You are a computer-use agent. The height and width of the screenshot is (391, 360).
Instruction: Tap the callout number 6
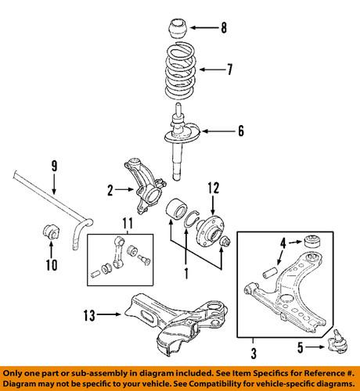pos(241,131)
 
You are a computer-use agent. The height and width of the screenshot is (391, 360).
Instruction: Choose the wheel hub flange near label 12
pos(210,229)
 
